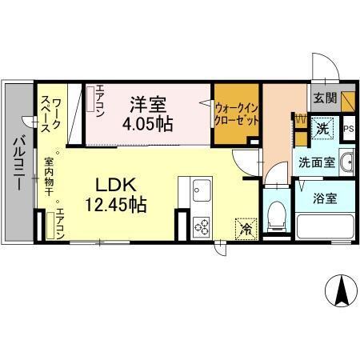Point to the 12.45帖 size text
point(115,205)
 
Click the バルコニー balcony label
point(17,164)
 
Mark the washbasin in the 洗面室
point(346,164)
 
